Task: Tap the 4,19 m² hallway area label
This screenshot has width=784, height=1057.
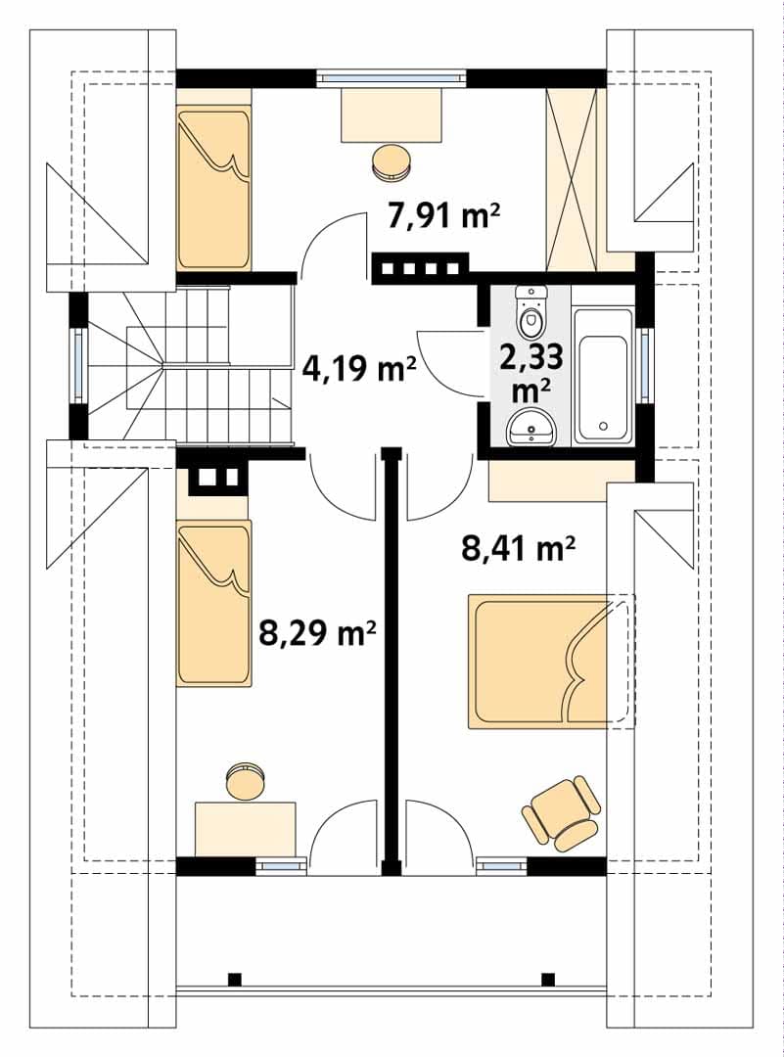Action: (359, 369)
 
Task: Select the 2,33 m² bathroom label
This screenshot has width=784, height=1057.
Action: (531, 372)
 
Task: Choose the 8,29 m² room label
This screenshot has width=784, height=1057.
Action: (317, 633)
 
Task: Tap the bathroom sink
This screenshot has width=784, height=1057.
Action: (531, 427)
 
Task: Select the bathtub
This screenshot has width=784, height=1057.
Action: (603, 377)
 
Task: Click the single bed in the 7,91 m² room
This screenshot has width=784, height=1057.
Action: (213, 189)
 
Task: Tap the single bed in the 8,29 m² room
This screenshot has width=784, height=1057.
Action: (213, 603)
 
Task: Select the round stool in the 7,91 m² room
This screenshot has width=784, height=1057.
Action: (391, 162)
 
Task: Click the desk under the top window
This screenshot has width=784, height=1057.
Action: (392, 115)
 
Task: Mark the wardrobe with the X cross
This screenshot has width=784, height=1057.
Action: (572, 179)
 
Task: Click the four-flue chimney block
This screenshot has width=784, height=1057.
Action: (420, 268)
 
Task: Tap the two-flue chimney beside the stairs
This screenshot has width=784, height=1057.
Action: (217, 478)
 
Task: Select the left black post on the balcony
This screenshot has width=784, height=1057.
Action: (234, 978)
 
